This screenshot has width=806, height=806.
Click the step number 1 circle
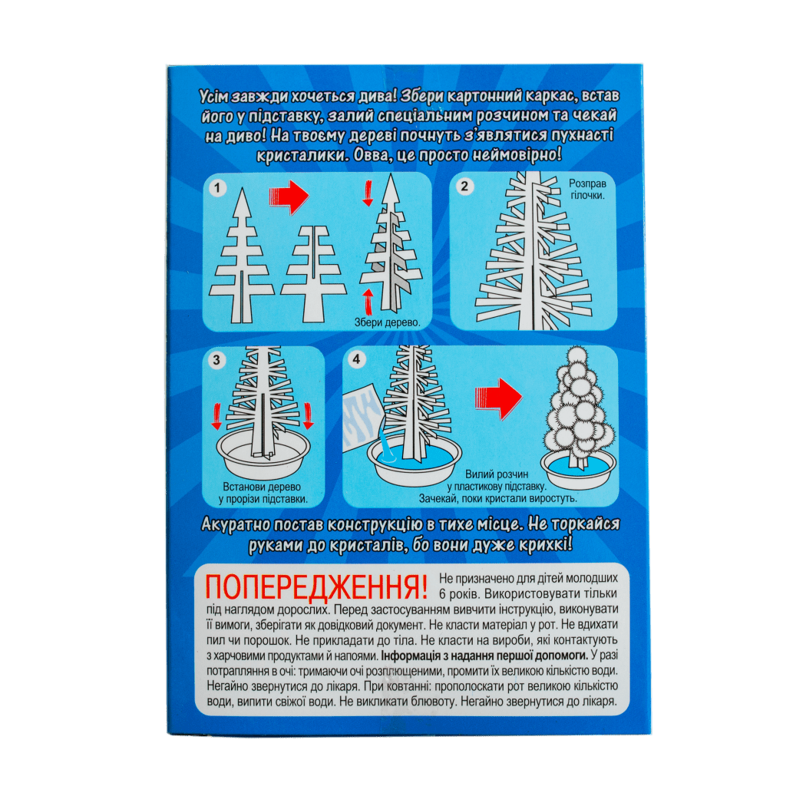(x=217, y=188)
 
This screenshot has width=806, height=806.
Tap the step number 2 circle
(x=464, y=186)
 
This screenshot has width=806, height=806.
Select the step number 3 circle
(x=216, y=360)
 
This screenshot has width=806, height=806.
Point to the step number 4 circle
(x=357, y=358)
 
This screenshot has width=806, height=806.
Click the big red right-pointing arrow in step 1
(x=289, y=197)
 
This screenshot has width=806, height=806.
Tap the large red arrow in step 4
(x=498, y=399)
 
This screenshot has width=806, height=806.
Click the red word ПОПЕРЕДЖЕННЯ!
(x=316, y=587)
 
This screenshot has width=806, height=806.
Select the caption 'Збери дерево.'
(x=388, y=322)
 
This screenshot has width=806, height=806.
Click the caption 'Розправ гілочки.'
(x=587, y=189)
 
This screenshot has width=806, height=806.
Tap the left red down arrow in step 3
(x=216, y=416)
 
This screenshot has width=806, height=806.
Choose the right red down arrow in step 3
(x=308, y=416)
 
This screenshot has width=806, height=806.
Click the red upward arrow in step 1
(x=368, y=301)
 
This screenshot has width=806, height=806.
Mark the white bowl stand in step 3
(x=263, y=454)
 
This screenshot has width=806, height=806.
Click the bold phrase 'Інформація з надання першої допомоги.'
(x=484, y=656)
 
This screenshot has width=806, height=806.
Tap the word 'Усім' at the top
(x=213, y=97)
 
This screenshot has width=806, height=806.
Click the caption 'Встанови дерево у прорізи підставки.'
(x=263, y=493)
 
